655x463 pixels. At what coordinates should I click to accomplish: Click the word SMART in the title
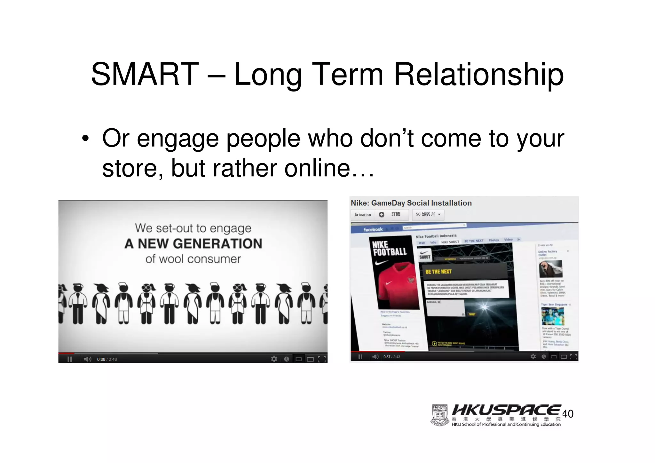pos(145,75)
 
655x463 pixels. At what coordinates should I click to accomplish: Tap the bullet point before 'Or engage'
pos(85,139)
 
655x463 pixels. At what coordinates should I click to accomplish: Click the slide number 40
pos(568,414)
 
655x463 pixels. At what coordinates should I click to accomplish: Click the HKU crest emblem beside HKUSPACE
pos(440,415)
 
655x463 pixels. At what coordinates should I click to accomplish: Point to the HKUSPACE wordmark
pos(506,410)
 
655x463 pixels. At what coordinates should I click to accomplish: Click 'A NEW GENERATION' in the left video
pos(193,244)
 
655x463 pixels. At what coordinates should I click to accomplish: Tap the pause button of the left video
pos(70,359)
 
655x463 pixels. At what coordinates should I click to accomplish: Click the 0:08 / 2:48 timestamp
pos(107,359)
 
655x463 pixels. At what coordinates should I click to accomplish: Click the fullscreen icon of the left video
pos(322,359)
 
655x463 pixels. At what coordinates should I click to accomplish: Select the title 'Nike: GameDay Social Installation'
pos(411,203)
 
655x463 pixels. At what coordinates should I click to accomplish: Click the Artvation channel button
pos(363,215)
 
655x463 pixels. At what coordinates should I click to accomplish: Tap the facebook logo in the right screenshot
pos(373,229)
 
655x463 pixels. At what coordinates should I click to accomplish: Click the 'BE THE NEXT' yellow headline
pos(438,272)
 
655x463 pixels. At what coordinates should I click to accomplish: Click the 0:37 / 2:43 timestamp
pos(392,357)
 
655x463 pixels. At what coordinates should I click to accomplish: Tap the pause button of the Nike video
pos(360,357)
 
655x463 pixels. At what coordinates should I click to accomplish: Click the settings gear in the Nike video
pos(533,356)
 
